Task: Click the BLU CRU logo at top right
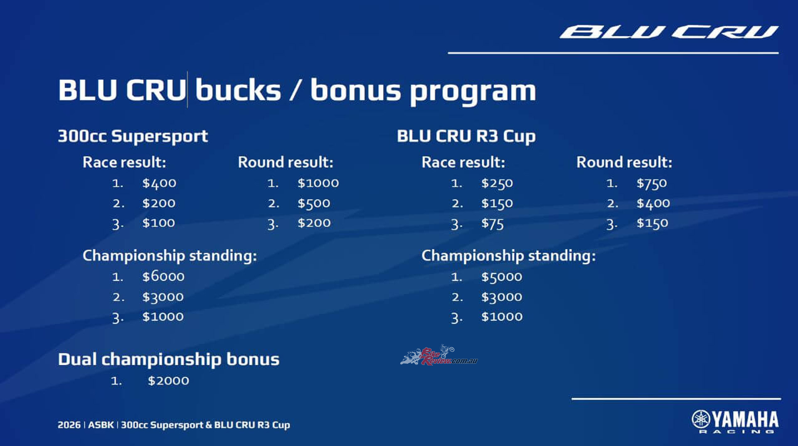coord(669,32)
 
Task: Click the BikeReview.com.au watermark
coord(439,355)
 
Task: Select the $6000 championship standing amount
coord(163,276)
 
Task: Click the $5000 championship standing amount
coord(502,277)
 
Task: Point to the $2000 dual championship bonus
coord(168,380)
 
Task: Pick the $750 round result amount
coord(652,184)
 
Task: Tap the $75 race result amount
coord(493,224)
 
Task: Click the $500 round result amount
coord(314,203)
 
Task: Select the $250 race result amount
coord(497,184)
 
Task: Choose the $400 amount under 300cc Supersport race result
coord(159,184)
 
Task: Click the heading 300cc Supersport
coord(133,137)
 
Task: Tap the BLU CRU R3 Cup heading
coord(466,137)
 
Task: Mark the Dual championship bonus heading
coord(169,360)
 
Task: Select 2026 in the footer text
coord(69,425)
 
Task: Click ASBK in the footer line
coord(101,425)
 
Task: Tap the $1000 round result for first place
coord(318,183)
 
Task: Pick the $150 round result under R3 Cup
coord(653,223)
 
